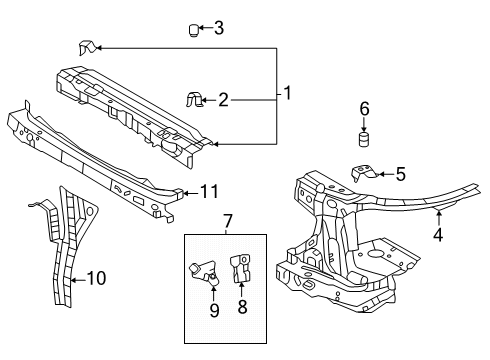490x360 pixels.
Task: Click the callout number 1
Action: tap(287, 95)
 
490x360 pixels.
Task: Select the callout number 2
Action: tap(223, 99)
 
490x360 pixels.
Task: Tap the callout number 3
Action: tap(218, 28)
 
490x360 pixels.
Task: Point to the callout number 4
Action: tap(437, 237)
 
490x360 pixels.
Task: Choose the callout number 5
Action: tap(400, 174)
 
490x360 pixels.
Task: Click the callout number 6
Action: tap(364, 107)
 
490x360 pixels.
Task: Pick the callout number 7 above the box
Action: tap(226, 219)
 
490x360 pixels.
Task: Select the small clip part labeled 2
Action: tap(195, 99)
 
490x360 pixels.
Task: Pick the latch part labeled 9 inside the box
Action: tap(205, 274)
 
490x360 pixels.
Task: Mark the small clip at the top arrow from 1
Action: tap(86, 47)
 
